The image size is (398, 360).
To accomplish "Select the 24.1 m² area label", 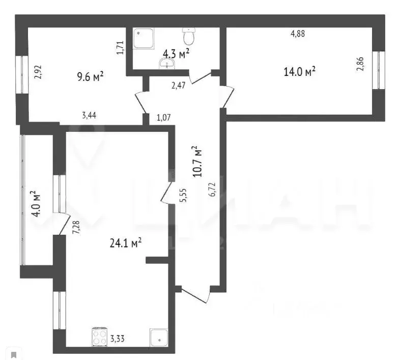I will (125, 244).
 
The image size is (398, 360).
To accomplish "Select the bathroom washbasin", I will (167, 64).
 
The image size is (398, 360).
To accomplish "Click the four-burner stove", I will (99, 337).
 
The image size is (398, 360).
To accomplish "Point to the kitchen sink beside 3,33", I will (158, 337).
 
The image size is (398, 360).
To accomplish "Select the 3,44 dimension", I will (90, 116).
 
